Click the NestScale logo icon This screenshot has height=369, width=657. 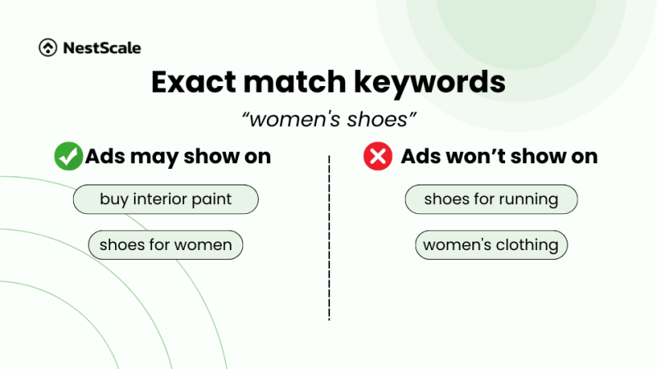coord(48,48)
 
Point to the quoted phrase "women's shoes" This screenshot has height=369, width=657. coord(328,120)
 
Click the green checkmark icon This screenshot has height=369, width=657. coord(68,156)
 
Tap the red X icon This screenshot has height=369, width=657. coord(378,156)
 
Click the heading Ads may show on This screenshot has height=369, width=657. coord(177,156)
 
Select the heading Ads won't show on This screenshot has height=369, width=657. coord(498,156)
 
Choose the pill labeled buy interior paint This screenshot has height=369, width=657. coord(166,199)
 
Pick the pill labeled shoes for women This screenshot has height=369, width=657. coord(166,245)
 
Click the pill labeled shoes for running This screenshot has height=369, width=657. coord(491,199)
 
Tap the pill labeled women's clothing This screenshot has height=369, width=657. coord(491,245)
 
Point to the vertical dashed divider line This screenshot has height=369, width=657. coord(329,238)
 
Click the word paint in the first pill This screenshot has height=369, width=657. coord(214,199)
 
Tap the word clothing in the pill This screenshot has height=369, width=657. coord(526,245)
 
